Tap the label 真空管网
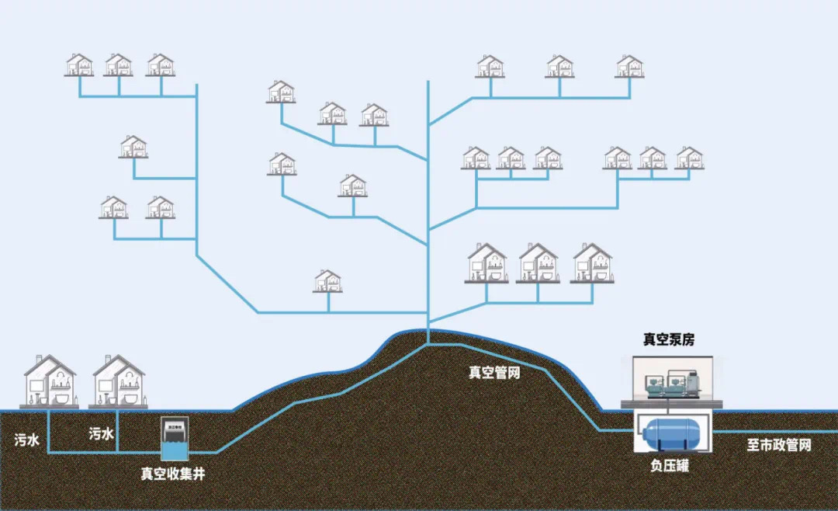493,373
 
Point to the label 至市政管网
778,445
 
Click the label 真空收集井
172,472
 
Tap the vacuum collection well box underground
175,439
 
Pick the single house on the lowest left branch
328,280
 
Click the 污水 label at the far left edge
26,439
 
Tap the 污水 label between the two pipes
101,435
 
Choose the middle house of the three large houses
538,262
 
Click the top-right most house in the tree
629,66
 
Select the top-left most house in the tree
79,64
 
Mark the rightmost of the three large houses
592,262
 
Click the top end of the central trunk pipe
428,82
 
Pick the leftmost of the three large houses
487,262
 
